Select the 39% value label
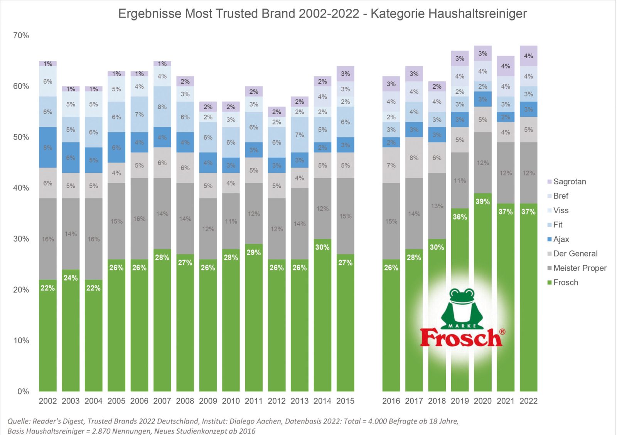pos(483,201)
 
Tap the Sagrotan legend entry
pos(569,182)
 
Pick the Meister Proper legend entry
pos(580,268)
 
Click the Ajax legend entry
pos(561,239)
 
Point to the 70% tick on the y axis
pos(21,35)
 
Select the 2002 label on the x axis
pos(48,401)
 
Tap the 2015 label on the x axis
pos(345,401)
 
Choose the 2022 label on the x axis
pos(528,401)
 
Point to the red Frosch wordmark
pos(461,338)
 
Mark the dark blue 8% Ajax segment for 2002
pos(48,147)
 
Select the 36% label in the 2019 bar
pos(460,217)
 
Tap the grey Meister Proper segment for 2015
pos(345,216)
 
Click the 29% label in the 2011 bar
pos(254,253)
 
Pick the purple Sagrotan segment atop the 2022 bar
pos(528,56)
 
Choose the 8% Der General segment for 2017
pos(414,158)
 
